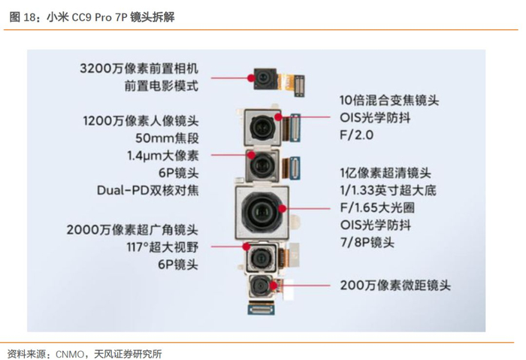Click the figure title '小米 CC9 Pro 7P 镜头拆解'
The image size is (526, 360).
coord(110,17)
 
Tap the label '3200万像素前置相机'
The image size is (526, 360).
coord(139,68)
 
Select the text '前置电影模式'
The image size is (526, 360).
coord(162,86)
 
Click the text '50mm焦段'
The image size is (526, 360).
coord(167,138)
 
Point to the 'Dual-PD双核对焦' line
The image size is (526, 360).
coord(148,190)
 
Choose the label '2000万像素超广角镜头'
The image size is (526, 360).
coord(132,230)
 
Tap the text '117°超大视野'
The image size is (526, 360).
coord(162,247)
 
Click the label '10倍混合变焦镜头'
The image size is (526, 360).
coord(389,100)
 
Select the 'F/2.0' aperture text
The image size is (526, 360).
coord(357,135)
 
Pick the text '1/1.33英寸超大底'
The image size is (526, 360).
coord(388,190)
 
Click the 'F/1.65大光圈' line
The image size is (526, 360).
coord(377,207)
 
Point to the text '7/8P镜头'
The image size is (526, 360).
coord(367,242)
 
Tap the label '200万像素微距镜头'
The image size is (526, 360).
coord(395,286)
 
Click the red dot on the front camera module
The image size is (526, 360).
coord(251,78)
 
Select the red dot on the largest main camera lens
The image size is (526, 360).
coord(283,209)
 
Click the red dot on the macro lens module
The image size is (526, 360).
coord(274,286)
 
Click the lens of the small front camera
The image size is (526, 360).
coord(264,78)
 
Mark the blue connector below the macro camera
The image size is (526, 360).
coord(261,307)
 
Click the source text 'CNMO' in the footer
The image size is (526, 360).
coord(70,354)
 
